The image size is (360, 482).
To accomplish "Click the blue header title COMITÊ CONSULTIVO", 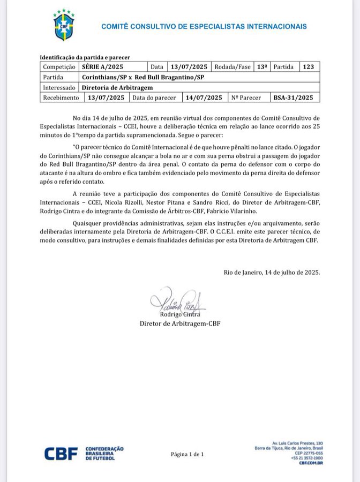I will pyautogui.click(x=204, y=26).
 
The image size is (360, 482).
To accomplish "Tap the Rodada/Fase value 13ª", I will pyautogui.click(x=262, y=67).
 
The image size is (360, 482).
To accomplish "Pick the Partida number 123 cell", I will pyautogui.click(x=308, y=67).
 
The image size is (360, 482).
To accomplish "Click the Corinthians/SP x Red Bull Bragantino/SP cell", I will pyautogui.click(x=144, y=77).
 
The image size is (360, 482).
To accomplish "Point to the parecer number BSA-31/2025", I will pyautogui.click(x=292, y=97).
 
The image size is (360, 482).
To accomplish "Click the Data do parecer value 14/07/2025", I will pyautogui.click(x=203, y=97).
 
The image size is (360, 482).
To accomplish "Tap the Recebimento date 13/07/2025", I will pyautogui.click(x=106, y=97).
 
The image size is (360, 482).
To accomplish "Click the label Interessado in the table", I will pyautogui.click(x=59, y=87).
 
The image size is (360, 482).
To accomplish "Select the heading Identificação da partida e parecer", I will pyautogui.click(x=85, y=57).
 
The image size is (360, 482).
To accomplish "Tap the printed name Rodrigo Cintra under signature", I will pyautogui.click(x=180, y=314).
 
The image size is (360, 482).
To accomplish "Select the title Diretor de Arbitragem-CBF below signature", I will pyautogui.click(x=180, y=323).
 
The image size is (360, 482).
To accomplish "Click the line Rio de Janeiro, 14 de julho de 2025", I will pyautogui.click(x=272, y=272).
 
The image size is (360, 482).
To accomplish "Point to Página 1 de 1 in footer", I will pyautogui.click(x=187, y=454).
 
